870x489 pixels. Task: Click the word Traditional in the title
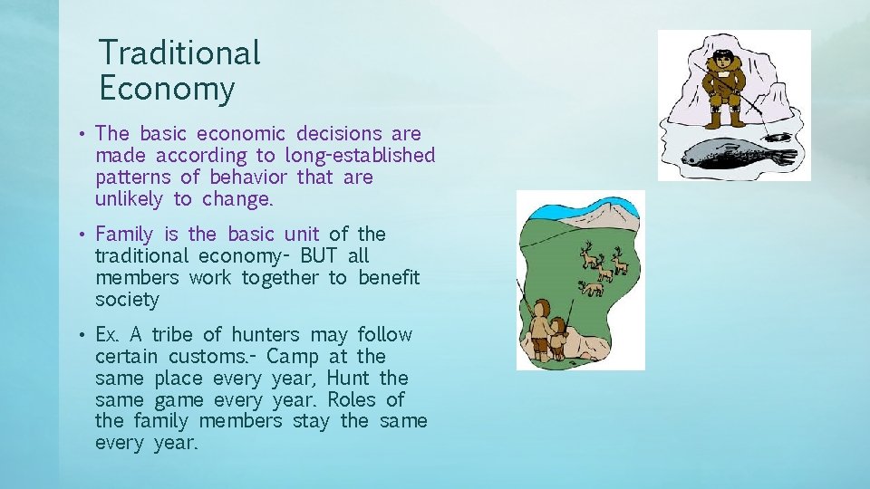[179, 53]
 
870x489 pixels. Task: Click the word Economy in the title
[166, 89]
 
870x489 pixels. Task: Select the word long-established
[360, 156]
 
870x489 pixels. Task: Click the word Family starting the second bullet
[124, 235]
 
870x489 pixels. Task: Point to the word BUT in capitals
[324, 256]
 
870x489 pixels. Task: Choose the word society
[127, 300]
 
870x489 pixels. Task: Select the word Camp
[294, 357]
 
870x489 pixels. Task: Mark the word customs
[209, 357]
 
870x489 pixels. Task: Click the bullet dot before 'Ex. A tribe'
[82, 336]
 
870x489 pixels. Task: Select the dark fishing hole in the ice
[778, 137]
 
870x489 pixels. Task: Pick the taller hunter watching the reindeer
[540, 327]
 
